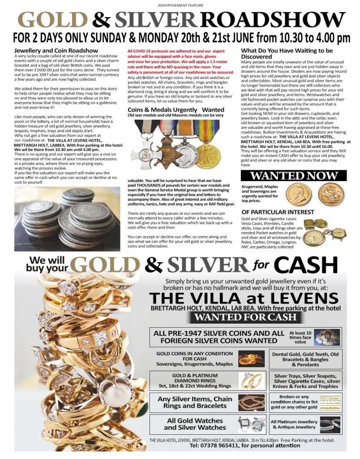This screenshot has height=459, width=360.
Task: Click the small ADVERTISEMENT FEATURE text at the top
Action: click(x=180, y=5)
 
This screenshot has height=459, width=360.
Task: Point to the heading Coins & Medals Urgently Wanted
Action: click(x=176, y=109)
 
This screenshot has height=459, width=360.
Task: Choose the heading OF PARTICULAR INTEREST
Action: click(x=275, y=212)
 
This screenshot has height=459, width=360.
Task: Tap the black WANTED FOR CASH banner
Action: click(x=246, y=317)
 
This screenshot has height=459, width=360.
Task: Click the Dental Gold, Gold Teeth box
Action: click(x=306, y=359)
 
